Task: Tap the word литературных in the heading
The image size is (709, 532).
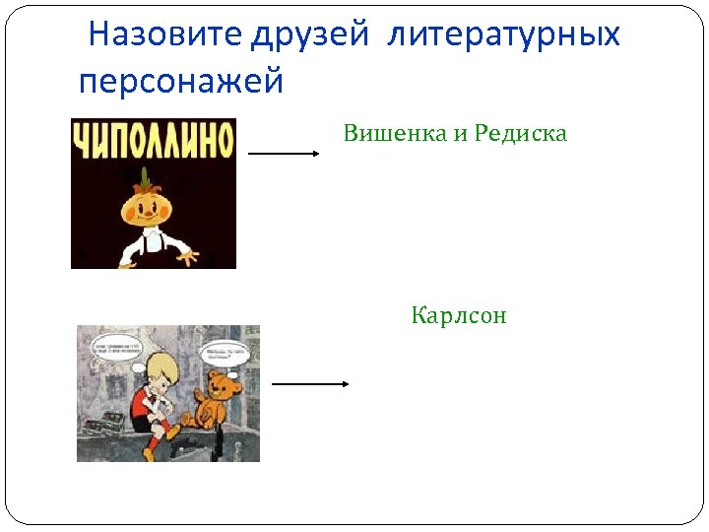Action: click(x=504, y=35)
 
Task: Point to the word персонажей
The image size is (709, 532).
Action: click(x=180, y=80)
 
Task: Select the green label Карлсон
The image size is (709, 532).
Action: click(x=459, y=316)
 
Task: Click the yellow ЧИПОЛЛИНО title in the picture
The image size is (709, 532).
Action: click(x=154, y=140)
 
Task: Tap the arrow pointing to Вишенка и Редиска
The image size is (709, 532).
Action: click(x=284, y=154)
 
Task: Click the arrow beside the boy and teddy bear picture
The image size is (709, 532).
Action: click(x=310, y=384)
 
